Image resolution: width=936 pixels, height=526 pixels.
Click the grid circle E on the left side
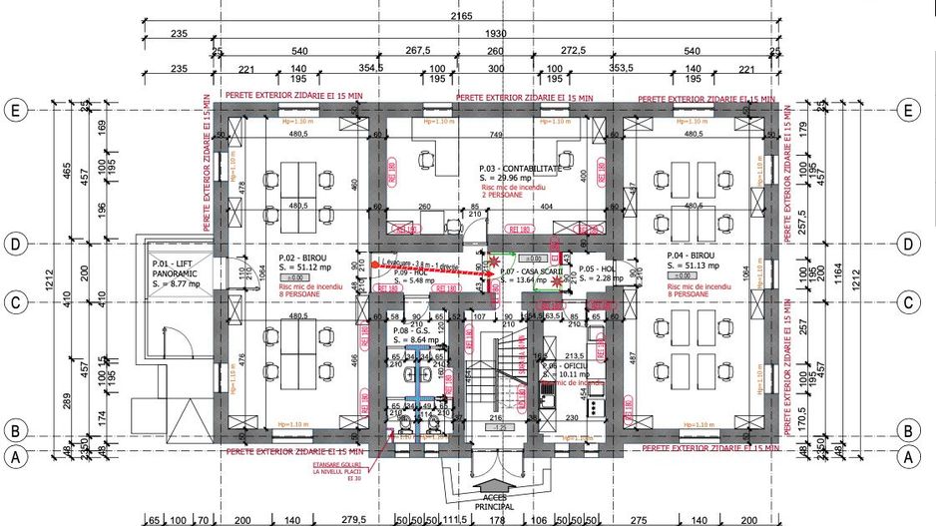click(x=15, y=109)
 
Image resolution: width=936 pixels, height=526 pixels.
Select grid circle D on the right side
click(x=909, y=244)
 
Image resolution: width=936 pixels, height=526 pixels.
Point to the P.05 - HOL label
click(x=600, y=269)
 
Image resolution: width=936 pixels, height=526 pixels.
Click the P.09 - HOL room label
click(x=410, y=273)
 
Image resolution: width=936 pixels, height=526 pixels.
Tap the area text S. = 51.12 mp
click(x=305, y=266)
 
